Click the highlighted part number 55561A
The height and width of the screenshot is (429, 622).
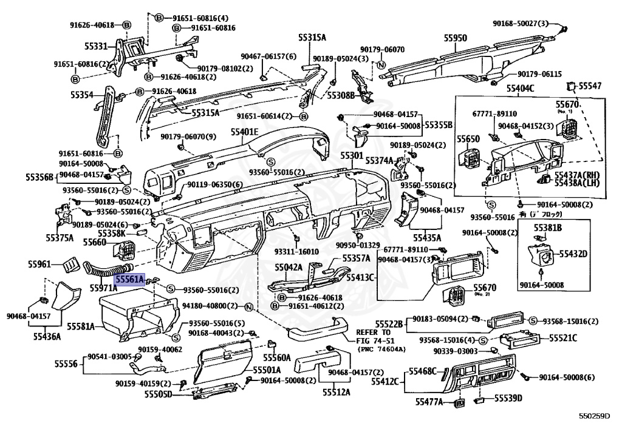(x=130, y=280)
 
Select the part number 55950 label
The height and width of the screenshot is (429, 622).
(x=455, y=38)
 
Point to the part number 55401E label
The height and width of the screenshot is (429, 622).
(x=244, y=132)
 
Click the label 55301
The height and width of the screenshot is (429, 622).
(x=351, y=156)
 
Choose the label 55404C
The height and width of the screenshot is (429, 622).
(x=521, y=89)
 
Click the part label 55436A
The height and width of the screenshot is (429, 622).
(x=47, y=336)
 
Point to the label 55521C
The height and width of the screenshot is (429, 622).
(x=563, y=337)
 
